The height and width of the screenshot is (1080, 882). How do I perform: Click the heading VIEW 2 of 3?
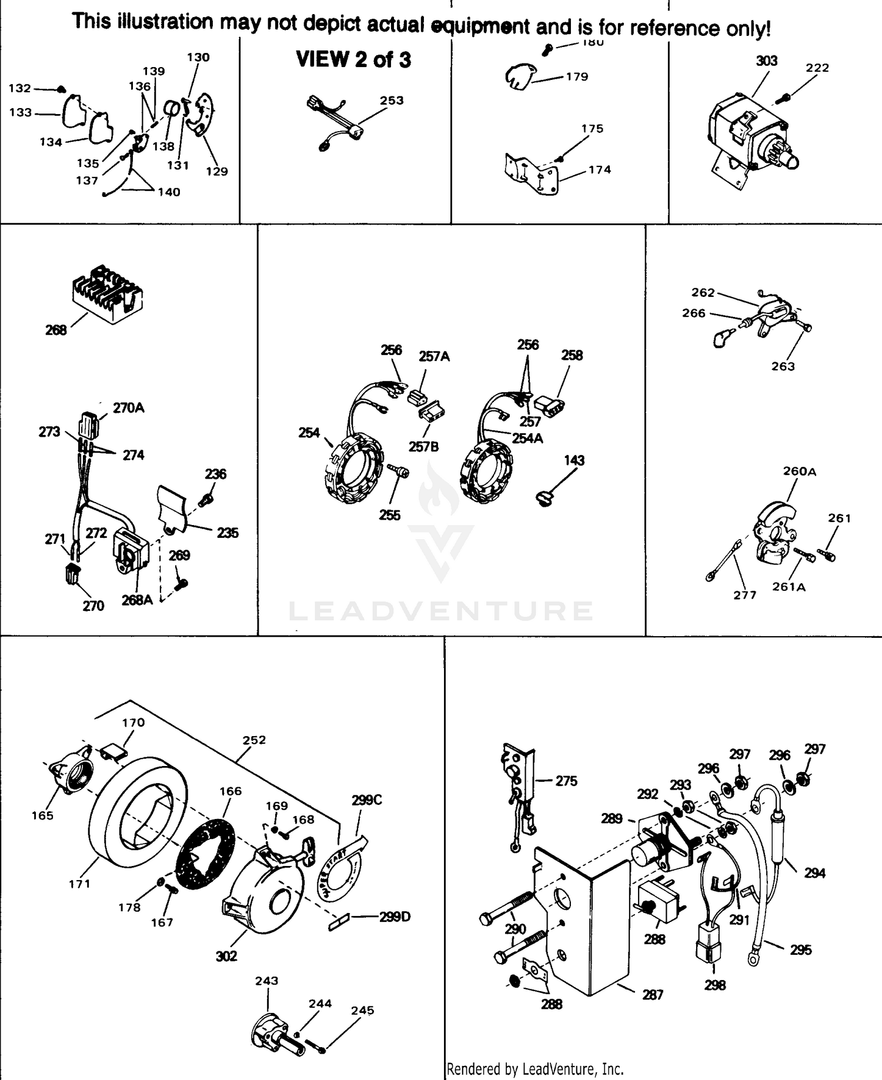[x=353, y=59]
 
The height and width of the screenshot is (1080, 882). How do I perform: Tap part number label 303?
[x=766, y=61]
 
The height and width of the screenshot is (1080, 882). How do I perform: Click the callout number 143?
[x=574, y=460]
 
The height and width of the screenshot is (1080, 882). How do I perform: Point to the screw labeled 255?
[x=398, y=472]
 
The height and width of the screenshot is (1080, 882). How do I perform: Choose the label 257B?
[x=423, y=447]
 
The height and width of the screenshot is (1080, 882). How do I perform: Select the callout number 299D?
[x=395, y=917]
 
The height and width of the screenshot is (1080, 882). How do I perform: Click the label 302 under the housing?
[x=226, y=957]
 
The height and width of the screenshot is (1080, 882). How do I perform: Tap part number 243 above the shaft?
[x=266, y=981]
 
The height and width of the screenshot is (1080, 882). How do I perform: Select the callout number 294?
[x=814, y=874]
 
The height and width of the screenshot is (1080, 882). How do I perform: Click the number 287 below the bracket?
[x=653, y=995]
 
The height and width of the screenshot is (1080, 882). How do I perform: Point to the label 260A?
[x=799, y=472]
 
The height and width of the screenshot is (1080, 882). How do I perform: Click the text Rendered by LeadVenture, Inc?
[x=534, y=1069]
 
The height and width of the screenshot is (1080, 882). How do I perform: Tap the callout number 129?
[x=216, y=172]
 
